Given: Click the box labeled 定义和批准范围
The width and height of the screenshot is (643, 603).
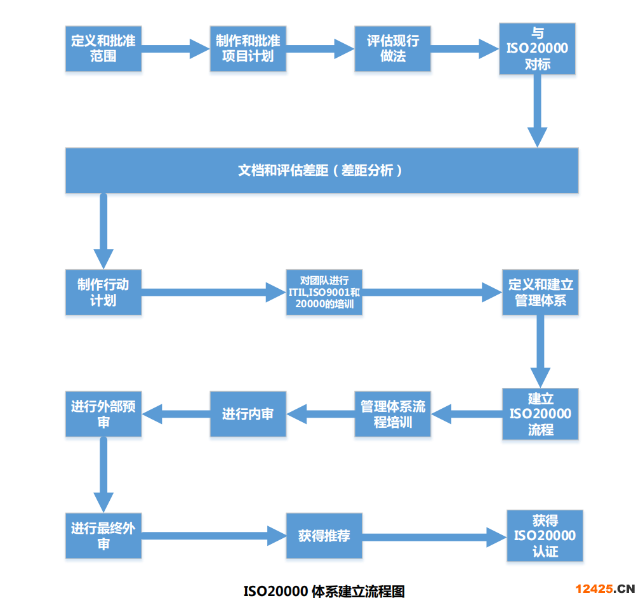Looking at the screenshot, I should click(103, 48).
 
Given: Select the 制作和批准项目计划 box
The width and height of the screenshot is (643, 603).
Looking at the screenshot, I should click(248, 48).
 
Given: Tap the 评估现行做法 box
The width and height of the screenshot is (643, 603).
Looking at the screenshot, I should click(392, 48).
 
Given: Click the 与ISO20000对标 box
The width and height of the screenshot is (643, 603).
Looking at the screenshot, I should click(537, 48).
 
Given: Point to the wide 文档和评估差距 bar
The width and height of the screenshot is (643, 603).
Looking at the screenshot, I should click(321, 170).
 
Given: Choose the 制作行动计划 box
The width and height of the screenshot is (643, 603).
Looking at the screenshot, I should click(103, 292).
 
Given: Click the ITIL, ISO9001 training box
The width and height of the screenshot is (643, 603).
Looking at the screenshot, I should click(324, 292).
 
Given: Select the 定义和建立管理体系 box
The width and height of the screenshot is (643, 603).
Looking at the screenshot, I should click(540, 292).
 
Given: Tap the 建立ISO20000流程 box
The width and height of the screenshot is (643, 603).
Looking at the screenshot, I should click(540, 414).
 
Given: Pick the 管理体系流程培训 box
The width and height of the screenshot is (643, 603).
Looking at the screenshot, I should click(392, 414).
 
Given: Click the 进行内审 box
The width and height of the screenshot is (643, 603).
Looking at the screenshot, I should click(248, 414).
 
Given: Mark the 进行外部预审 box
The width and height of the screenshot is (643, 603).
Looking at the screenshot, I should click(103, 414).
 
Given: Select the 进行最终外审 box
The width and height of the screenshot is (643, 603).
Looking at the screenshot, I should click(103, 536).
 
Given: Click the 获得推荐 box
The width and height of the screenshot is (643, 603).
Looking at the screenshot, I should click(324, 536).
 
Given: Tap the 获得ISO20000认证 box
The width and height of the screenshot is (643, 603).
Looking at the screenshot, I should click(545, 536).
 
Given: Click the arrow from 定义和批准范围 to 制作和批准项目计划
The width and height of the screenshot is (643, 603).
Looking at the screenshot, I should click(175, 48).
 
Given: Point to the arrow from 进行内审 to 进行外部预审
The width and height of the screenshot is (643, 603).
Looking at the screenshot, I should click(176, 414).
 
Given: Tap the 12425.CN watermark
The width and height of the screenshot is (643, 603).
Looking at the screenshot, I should click(606, 588).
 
